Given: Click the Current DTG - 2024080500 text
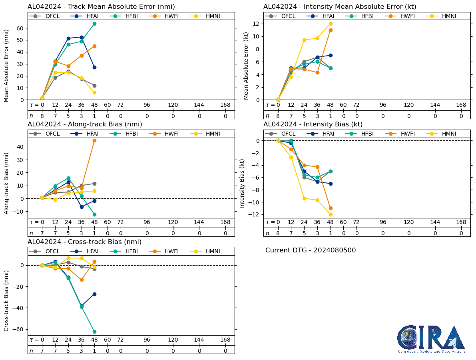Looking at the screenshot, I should coord(311,250).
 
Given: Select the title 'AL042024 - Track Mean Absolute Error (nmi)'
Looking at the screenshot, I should coord(101,7).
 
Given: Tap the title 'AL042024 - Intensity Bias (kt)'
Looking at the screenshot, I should coord(313,124).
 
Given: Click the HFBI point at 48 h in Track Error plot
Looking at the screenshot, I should coord(94,24).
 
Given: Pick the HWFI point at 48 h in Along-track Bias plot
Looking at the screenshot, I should coord(94,140).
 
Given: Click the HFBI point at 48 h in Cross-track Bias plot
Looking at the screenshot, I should coord(94,332).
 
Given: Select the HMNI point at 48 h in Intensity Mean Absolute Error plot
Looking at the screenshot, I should coord(331,24).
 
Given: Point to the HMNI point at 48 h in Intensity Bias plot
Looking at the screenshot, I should coord(331,214).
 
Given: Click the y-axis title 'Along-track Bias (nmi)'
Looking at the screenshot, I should coord(6,182).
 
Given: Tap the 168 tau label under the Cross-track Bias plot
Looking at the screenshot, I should coord(225,340).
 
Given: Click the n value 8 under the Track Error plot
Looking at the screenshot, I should coord(42,116).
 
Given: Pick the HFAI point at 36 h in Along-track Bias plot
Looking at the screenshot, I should coord(82,207).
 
